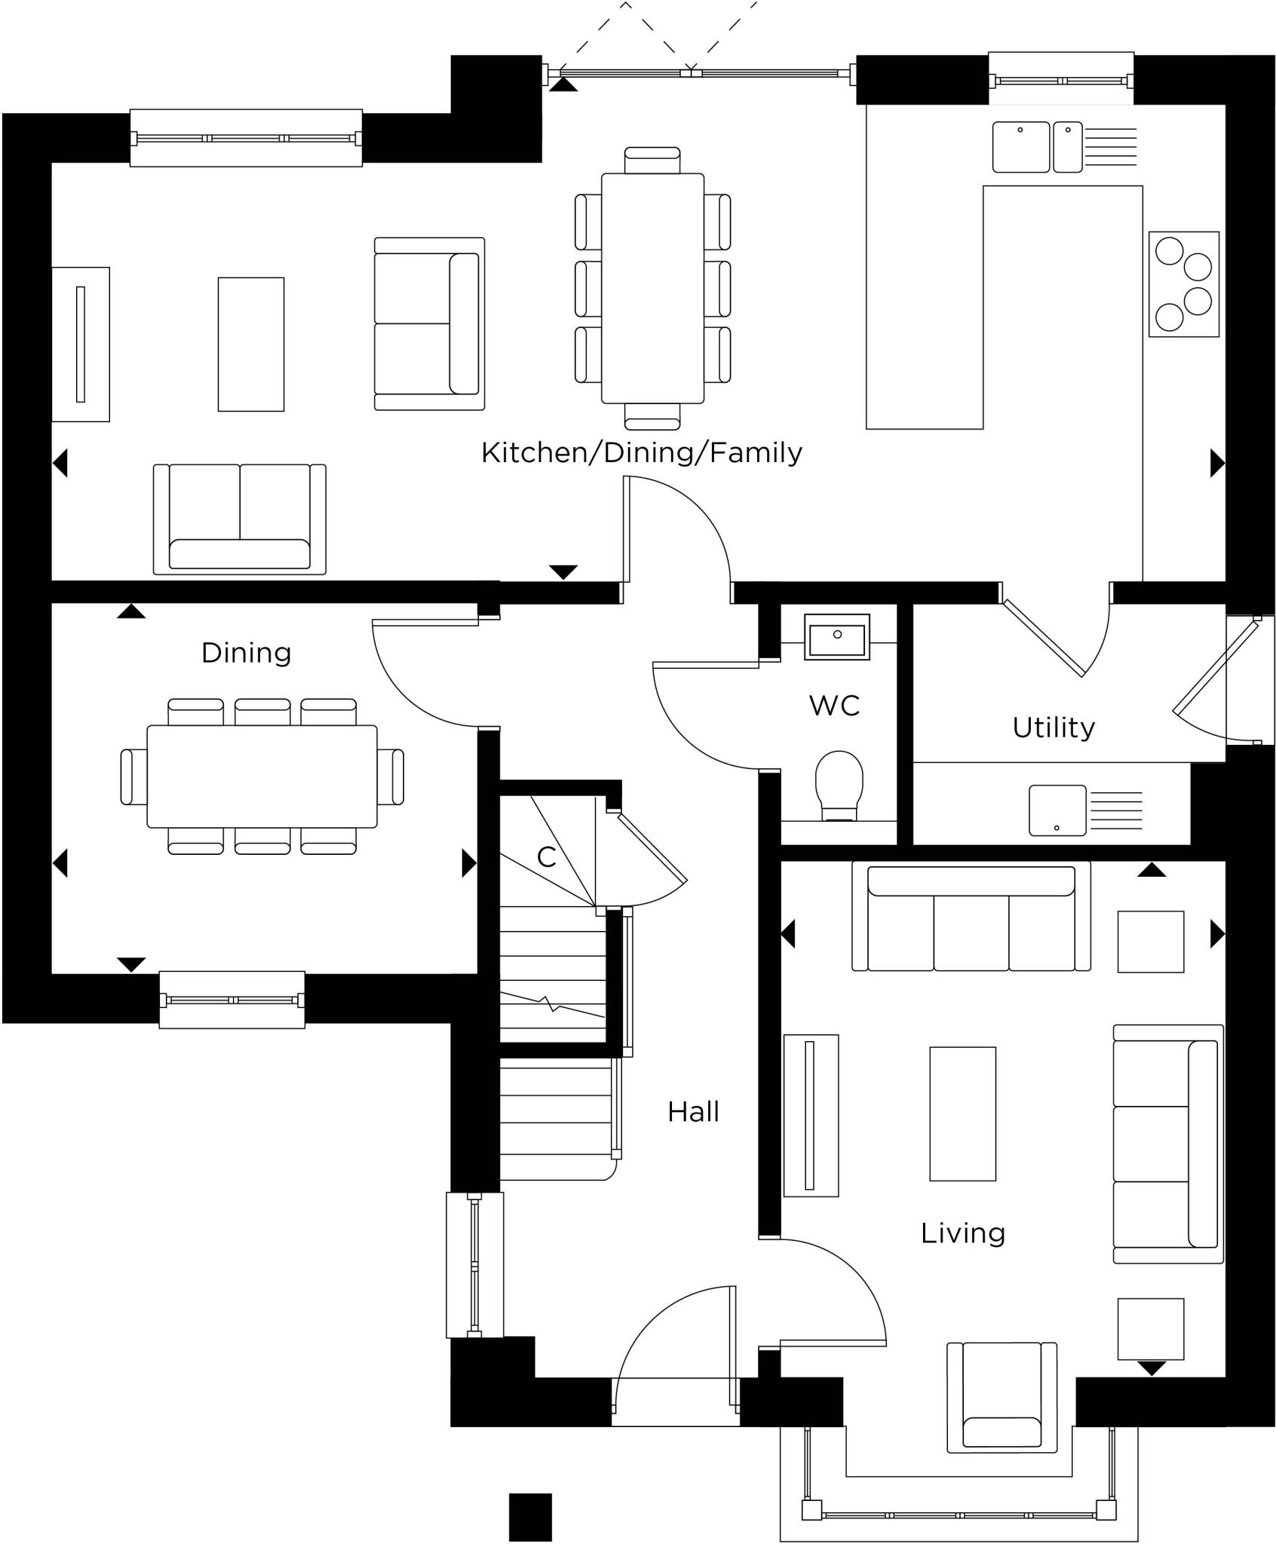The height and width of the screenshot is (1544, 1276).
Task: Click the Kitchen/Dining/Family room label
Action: (641, 453)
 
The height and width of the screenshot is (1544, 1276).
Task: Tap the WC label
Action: (834, 706)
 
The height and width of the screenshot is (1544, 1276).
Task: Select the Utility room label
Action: (1054, 728)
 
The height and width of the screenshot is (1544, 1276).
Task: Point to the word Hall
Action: (693, 1112)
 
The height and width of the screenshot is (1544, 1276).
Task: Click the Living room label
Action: (963, 1233)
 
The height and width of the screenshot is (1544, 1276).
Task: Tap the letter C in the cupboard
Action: (546, 856)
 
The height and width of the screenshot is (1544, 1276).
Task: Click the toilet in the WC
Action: (839, 785)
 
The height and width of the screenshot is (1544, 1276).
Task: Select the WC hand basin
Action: (837, 637)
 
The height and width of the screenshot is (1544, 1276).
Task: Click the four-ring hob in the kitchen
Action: (1183, 283)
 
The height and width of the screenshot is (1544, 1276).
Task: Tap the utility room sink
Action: (1057, 810)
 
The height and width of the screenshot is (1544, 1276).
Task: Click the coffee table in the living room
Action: (962, 1114)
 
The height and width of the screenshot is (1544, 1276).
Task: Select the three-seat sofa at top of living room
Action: (971, 917)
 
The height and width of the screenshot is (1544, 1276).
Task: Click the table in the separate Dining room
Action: (262, 777)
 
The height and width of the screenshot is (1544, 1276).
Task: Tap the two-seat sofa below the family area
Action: (240, 519)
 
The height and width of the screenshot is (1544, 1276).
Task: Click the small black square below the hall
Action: (530, 1517)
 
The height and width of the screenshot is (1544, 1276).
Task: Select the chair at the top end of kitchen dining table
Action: (652, 161)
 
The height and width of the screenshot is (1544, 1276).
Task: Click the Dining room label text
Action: (246, 653)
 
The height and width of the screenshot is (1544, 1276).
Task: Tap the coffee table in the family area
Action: (251, 345)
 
